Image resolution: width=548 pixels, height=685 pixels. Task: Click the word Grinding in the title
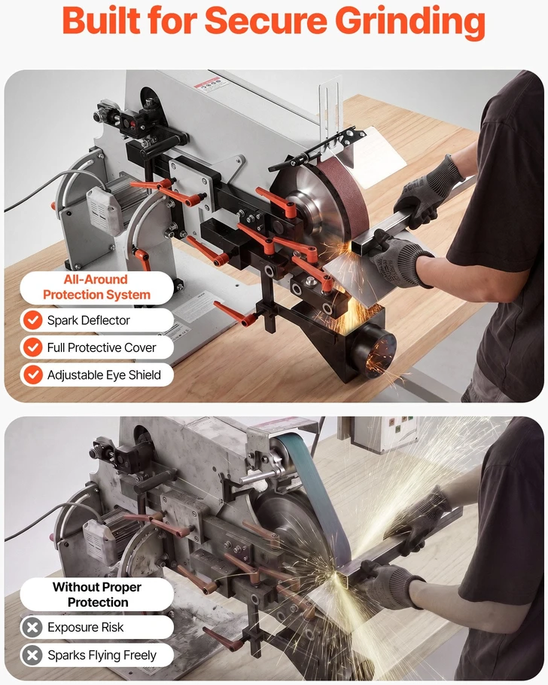tap(410, 22)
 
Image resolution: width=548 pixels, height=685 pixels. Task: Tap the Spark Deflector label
tap(89, 320)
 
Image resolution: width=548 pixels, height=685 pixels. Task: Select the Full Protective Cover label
tap(101, 347)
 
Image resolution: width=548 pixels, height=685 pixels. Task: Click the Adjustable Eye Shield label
tap(104, 375)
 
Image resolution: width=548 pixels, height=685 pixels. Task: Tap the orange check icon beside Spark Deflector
tap(32, 320)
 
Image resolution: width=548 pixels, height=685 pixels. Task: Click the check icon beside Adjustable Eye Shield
tap(32, 375)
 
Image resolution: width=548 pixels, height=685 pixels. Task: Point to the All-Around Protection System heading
tap(96, 287)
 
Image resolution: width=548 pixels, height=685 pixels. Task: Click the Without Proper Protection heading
tap(97, 594)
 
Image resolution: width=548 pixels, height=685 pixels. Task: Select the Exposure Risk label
tap(86, 627)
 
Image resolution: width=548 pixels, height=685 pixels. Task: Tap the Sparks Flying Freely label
tap(102, 656)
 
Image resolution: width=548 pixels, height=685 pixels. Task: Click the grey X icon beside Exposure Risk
tap(32, 627)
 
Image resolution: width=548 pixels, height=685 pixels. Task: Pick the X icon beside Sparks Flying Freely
tap(32, 656)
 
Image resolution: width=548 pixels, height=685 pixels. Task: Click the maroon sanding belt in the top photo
tap(345, 192)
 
